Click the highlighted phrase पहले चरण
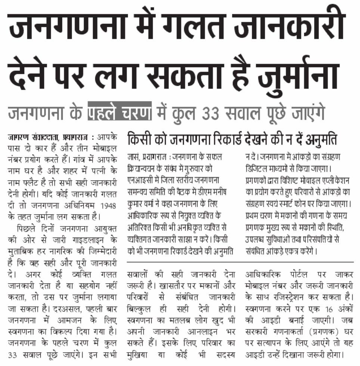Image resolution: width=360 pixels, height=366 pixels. coord(120,112)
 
